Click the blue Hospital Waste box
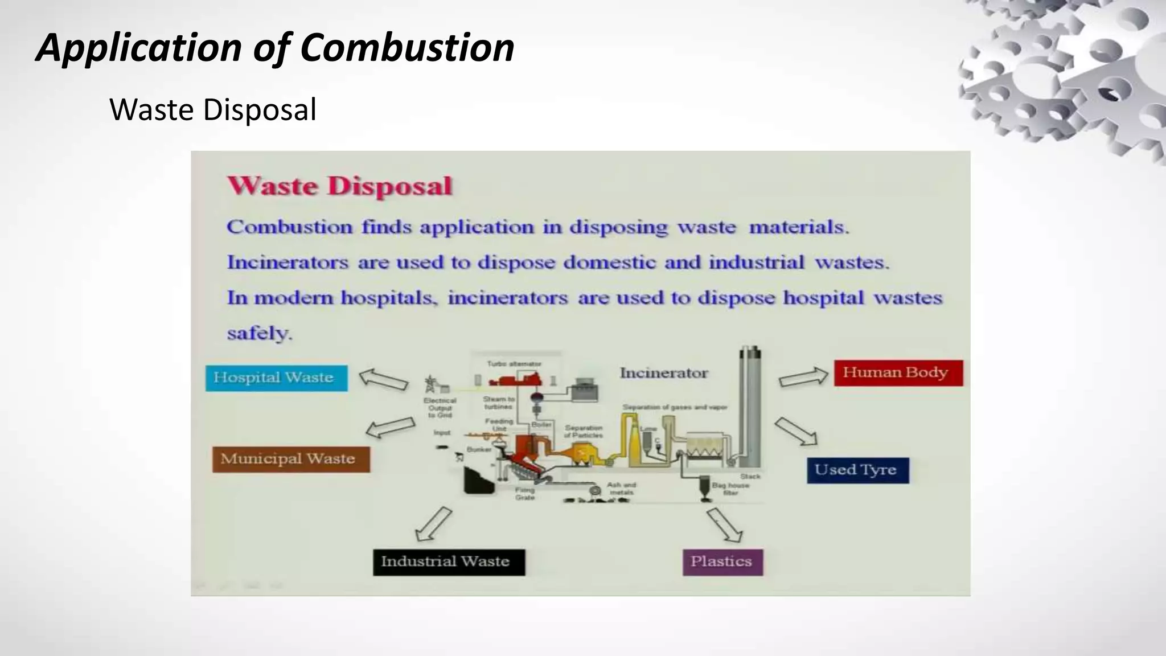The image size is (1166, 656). coord(276,378)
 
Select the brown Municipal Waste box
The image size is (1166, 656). coord(291,459)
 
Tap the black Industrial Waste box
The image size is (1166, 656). coord(449,562)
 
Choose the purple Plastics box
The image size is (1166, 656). coord(722,562)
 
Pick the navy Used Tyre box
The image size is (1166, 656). coord(857,470)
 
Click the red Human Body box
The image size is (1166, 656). coord(898,373)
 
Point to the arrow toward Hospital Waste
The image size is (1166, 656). coord(383,379)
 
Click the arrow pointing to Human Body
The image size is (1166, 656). coord(803,377)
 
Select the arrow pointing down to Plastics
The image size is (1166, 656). coord(724,524)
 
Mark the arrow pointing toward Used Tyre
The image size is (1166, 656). coord(796,431)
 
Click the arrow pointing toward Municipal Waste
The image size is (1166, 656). coord(390,427)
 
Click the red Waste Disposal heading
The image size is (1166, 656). coord(340,186)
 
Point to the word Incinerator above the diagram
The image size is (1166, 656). coord(664,373)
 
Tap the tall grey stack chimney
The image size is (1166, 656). coord(750,407)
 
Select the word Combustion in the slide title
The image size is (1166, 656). coord(407,48)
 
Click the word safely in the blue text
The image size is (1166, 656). coord(259,333)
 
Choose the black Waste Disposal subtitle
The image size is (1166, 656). coord(212,110)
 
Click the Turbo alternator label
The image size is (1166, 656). coord(514,363)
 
